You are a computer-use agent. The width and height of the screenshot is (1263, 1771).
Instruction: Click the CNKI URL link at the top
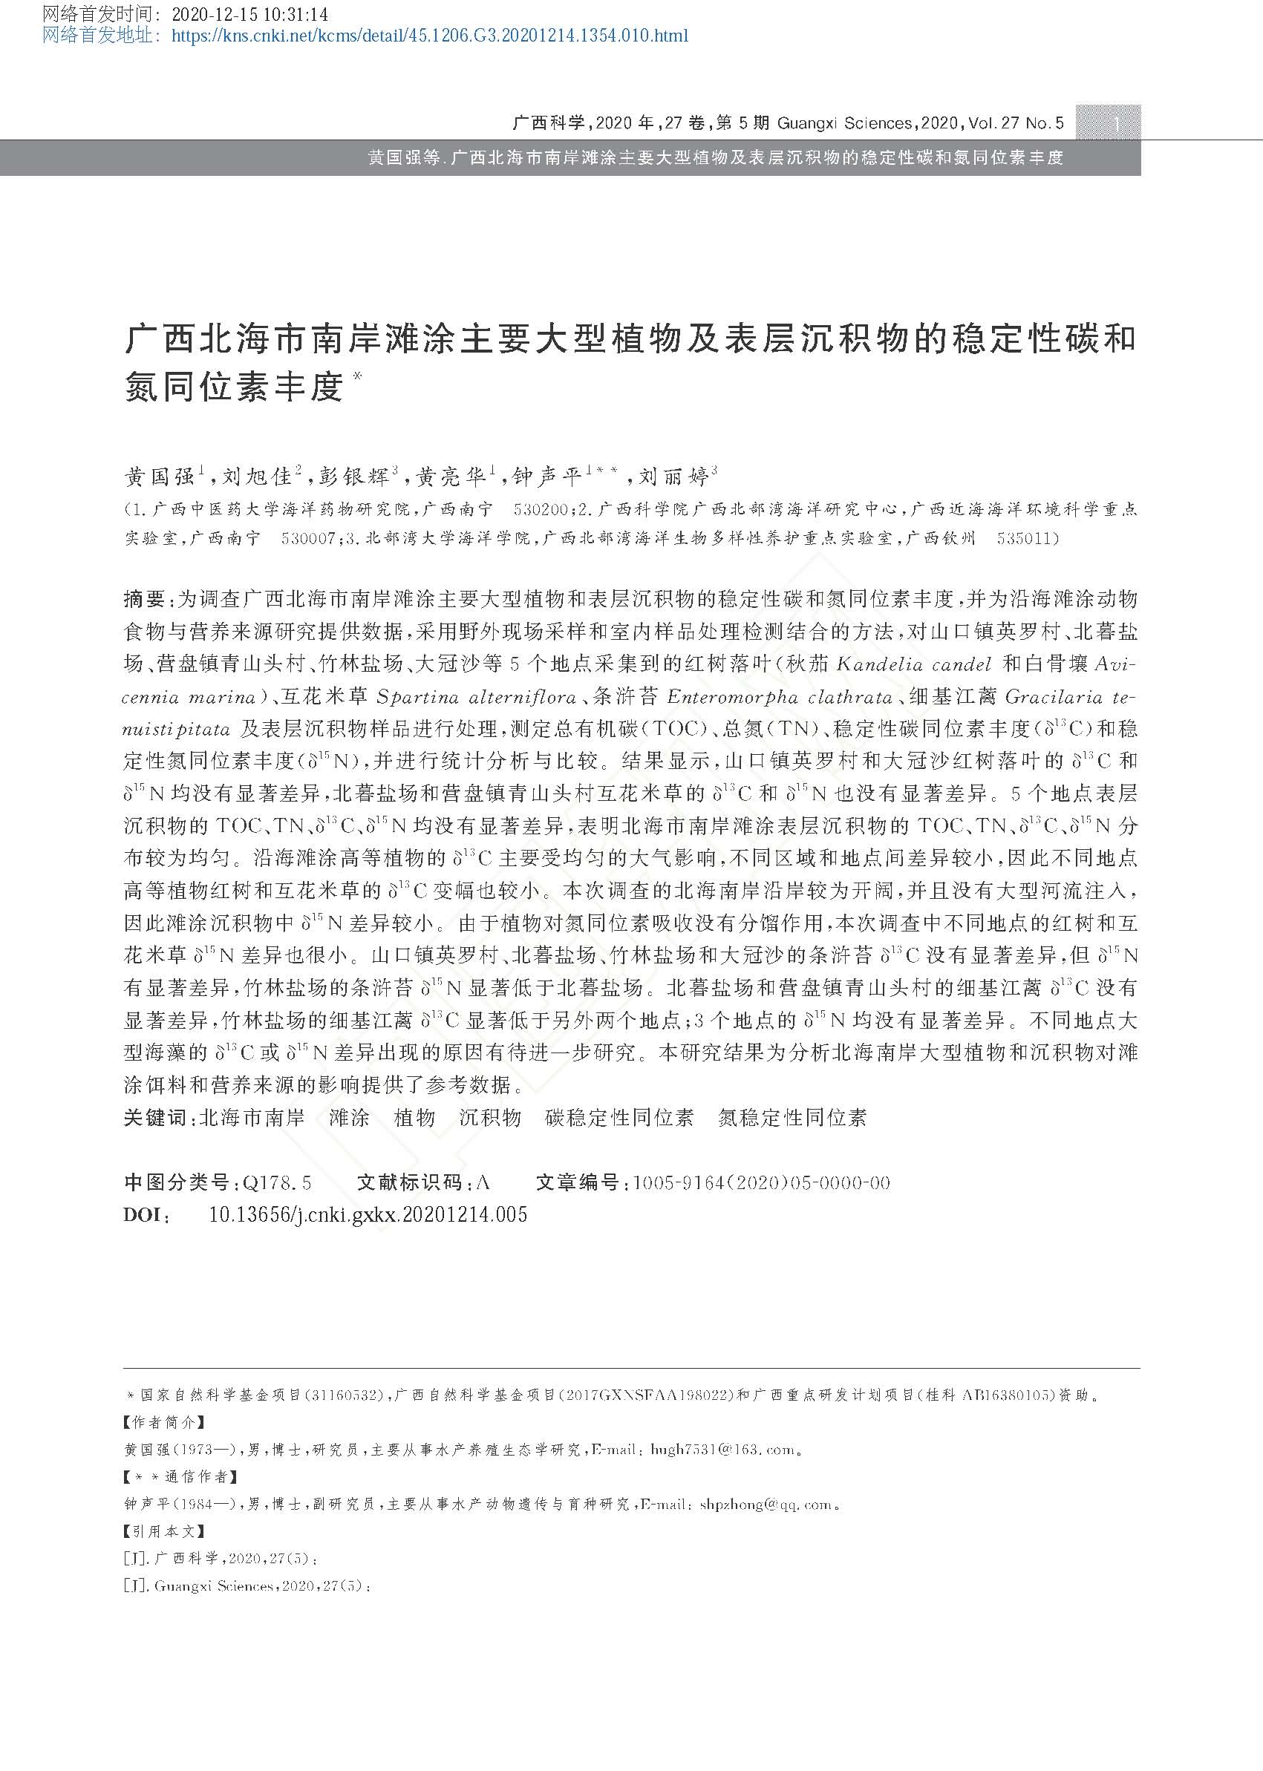pyautogui.click(x=428, y=35)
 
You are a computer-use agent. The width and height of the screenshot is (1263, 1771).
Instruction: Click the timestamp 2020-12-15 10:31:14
pyautogui.click(x=249, y=14)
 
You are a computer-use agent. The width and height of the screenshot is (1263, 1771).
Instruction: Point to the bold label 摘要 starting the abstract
pyautogui.click(x=144, y=599)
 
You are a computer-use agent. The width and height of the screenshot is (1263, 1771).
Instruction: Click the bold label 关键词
pyautogui.click(x=154, y=1118)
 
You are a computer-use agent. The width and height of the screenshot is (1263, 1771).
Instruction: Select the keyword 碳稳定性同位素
pyautogui.click(x=619, y=1118)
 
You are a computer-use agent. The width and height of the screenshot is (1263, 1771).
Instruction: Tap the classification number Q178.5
pyautogui.click(x=278, y=1182)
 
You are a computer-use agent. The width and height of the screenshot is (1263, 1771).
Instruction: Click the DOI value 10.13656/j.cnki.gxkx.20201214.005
pyautogui.click(x=368, y=1214)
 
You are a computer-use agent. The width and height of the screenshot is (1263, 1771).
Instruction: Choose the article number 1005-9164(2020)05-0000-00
pyautogui.click(x=761, y=1182)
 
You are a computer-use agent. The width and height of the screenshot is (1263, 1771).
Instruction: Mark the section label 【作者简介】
pyautogui.click(x=164, y=1422)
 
